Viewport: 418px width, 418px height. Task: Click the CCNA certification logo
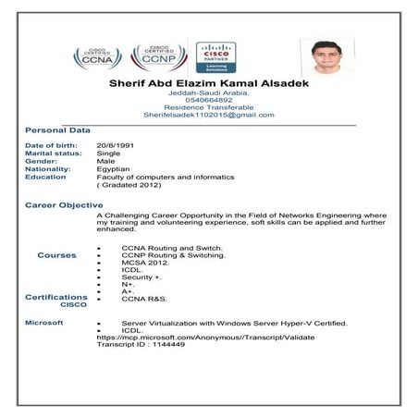pyautogui.click(x=95, y=57)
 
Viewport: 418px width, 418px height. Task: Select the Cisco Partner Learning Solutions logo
pyautogui.click(x=215, y=57)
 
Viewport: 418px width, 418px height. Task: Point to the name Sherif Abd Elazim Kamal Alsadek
pyautogui.click(x=208, y=84)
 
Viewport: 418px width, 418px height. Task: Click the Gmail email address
pyautogui.click(x=208, y=115)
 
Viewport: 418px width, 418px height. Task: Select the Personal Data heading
pyautogui.click(x=56, y=130)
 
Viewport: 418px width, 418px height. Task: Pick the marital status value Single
pyautogui.click(x=108, y=154)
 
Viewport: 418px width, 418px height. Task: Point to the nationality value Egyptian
pyautogui.click(x=113, y=169)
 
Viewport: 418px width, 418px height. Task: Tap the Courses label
pyautogui.click(x=56, y=255)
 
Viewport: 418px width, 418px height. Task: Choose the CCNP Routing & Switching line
pyautogui.click(x=173, y=255)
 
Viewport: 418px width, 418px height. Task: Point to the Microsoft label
pyautogui.click(x=43, y=323)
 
